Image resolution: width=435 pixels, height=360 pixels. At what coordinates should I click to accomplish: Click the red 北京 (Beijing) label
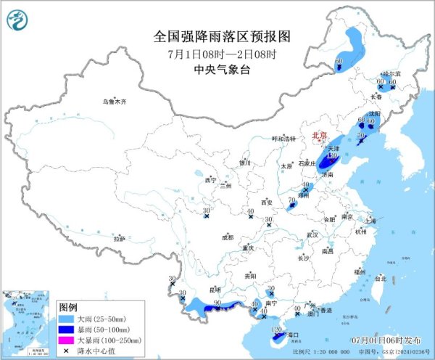319,136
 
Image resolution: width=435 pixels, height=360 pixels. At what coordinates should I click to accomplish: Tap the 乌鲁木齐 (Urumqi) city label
114,102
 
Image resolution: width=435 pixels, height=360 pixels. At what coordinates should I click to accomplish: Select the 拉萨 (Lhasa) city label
120,238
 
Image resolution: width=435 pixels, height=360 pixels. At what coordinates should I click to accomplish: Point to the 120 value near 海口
275,330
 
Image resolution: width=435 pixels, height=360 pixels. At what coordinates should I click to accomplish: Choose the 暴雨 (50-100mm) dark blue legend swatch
67,329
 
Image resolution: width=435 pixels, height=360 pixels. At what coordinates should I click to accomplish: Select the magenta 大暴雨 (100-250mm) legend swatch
67,339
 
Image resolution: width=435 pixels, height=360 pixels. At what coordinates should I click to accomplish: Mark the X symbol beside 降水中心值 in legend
67,349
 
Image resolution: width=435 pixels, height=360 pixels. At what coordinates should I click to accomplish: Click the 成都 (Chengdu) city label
228,237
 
